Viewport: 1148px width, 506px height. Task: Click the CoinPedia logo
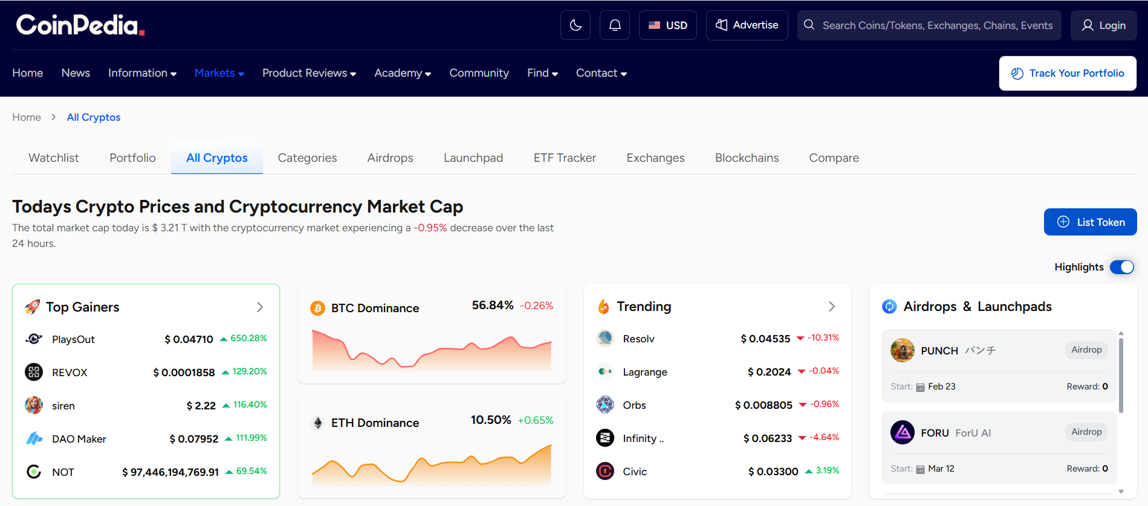click(x=80, y=25)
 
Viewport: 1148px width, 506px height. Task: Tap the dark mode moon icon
click(x=576, y=25)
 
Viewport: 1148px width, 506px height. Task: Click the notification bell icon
click(x=615, y=25)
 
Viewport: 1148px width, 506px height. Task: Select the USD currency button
click(x=668, y=25)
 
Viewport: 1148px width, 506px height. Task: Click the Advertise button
click(x=747, y=25)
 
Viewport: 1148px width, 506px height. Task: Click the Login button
click(x=1103, y=25)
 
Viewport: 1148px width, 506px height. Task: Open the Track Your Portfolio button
click(x=1068, y=73)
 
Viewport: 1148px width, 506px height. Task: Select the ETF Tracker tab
click(x=565, y=158)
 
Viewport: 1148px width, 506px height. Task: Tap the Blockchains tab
click(x=747, y=158)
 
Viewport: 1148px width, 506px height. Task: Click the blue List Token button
click(x=1090, y=222)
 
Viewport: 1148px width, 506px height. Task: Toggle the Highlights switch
click(x=1121, y=267)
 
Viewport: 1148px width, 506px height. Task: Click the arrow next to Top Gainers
click(x=260, y=307)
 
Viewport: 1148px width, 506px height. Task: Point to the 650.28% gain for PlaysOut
click(x=248, y=338)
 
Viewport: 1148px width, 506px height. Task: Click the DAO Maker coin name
click(x=79, y=439)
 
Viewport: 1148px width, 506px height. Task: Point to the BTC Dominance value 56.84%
click(x=492, y=306)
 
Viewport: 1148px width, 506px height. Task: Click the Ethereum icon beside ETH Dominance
click(x=318, y=423)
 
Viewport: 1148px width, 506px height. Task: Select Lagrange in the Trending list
click(x=644, y=372)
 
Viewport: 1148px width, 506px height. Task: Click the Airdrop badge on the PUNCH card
click(x=1086, y=350)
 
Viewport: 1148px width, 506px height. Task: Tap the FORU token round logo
click(x=902, y=432)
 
